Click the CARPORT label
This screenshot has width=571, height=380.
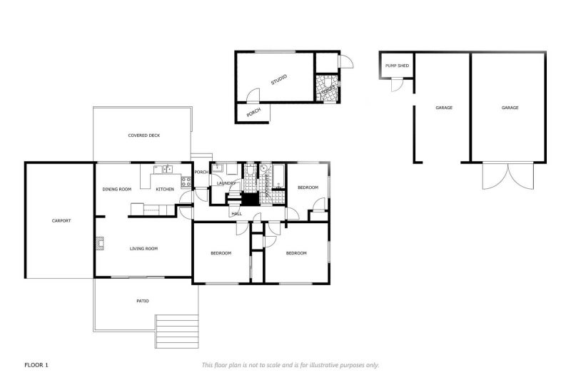pyautogui.click(x=61, y=221)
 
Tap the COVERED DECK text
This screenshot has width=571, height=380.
pyautogui.click(x=143, y=135)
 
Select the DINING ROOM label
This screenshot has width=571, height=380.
pyautogui.click(x=117, y=189)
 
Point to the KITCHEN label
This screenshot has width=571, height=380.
pyautogui.click(x=165, y=189)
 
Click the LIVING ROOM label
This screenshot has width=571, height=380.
pyautogui.click(x=143, y=249)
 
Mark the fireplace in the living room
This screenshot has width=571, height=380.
pyautogui.click(x=98, y=244)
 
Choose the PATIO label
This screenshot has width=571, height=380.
pyautogui.click(x=143, y=301)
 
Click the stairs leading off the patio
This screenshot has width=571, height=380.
pyautogui.click(x=177, y=332)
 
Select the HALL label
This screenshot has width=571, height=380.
pyautogui.click(x=236, y=213)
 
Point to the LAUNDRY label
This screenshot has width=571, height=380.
pyautogui.click(x=226, y=183)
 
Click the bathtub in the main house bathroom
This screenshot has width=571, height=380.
pyautogui.click(x=278, y=177)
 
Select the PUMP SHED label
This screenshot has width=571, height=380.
pyautogui.click(x=397, y=66)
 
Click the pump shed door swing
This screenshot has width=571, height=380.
pyautogui.click(x=397, y=86)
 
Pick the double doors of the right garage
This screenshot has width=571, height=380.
pyautogui.click(x=507, y=175)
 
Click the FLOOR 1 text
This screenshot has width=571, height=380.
pyautogui.click(x=36, y=365)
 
